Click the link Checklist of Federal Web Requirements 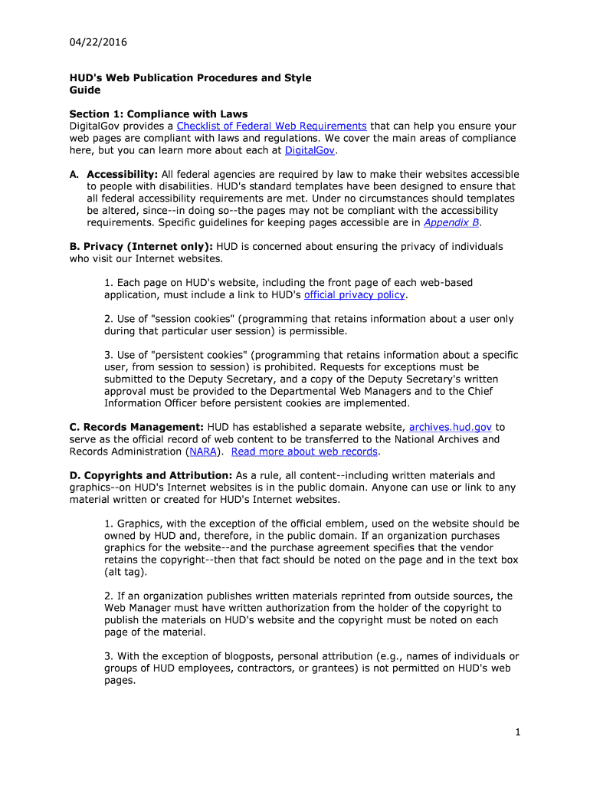(271, 126)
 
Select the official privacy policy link (355, 294)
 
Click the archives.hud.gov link (451, 427)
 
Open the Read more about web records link (304, 452)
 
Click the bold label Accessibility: (122, 174)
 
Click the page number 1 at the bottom (518, 732)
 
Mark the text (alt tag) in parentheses (126, 572)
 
